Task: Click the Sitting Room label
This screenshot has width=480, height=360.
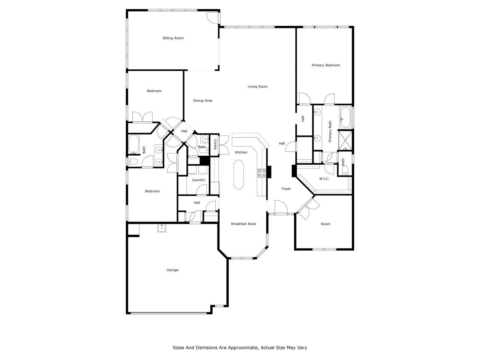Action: tap(173, 38)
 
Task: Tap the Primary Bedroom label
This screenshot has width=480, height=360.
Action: tap(326, 65)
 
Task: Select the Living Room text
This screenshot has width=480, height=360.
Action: tap(258, 87)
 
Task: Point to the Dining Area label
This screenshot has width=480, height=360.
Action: tap(202, 100)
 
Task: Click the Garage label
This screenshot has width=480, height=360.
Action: tap(172, 270)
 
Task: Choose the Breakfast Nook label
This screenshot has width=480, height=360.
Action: tap(243, 224)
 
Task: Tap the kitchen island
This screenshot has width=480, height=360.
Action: tap(239, 174)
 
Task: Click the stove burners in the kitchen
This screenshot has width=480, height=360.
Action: tap(262, 173)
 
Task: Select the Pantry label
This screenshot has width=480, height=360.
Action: tap(215, 144)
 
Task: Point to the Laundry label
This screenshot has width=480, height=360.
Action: tap(198, 180)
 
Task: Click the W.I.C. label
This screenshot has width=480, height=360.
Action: tap(324, 179)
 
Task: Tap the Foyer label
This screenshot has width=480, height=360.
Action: tap(286, 189)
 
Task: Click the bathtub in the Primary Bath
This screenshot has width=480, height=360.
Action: tap(346, 117)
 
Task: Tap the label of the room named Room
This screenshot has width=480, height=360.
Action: tap(325, 224)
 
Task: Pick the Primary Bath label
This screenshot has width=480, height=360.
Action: tap(330, 131)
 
